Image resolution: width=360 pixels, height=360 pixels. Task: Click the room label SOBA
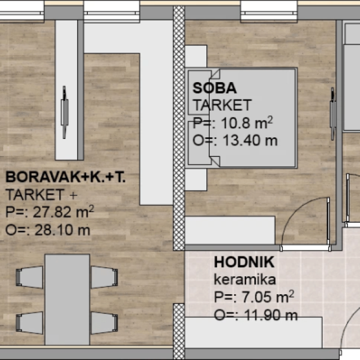pyautogui.click(x=214, y=88)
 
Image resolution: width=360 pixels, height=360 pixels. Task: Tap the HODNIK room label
pyautogui.click(x=244, y=262)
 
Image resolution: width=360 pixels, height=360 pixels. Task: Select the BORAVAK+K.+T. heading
pyautogui.click(x=65, y=177)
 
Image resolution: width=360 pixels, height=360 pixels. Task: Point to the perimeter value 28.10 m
pyautogui.click(x=62, y=230)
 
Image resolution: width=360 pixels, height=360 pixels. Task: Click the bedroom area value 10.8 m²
pyautogui.click(x=247, y=123)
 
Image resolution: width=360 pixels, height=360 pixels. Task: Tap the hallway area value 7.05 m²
pyautogui.click(x=268, y=296)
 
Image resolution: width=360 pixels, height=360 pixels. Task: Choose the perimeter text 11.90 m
pyautogui.click(x=271, y=315)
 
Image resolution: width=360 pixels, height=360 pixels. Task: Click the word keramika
pyautogui.click(x=245, y=280)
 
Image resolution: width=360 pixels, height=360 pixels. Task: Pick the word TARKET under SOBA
pyautogui.click(x=222, y=105)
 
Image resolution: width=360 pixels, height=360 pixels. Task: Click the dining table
pyautogui.click(x=67, y=300)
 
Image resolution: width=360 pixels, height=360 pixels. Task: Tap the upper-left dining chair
pyautogui.click(x=30, y=277)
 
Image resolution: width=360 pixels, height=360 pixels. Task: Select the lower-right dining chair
pyautogui.click(x=105, y=322)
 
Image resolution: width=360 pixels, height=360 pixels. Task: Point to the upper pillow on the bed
pyautogui.click(x=199, y=92)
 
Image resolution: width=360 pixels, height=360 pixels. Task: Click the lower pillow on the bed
pyautogui.click(x=199, y=143)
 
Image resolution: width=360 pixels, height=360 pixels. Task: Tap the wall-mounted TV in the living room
pyautogui.click(x=65, y=112)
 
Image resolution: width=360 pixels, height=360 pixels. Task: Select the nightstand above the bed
pyautogui.click(x=196, y=56)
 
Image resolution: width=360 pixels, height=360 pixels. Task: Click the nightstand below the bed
pyautogui.click(x=196, y=180)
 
